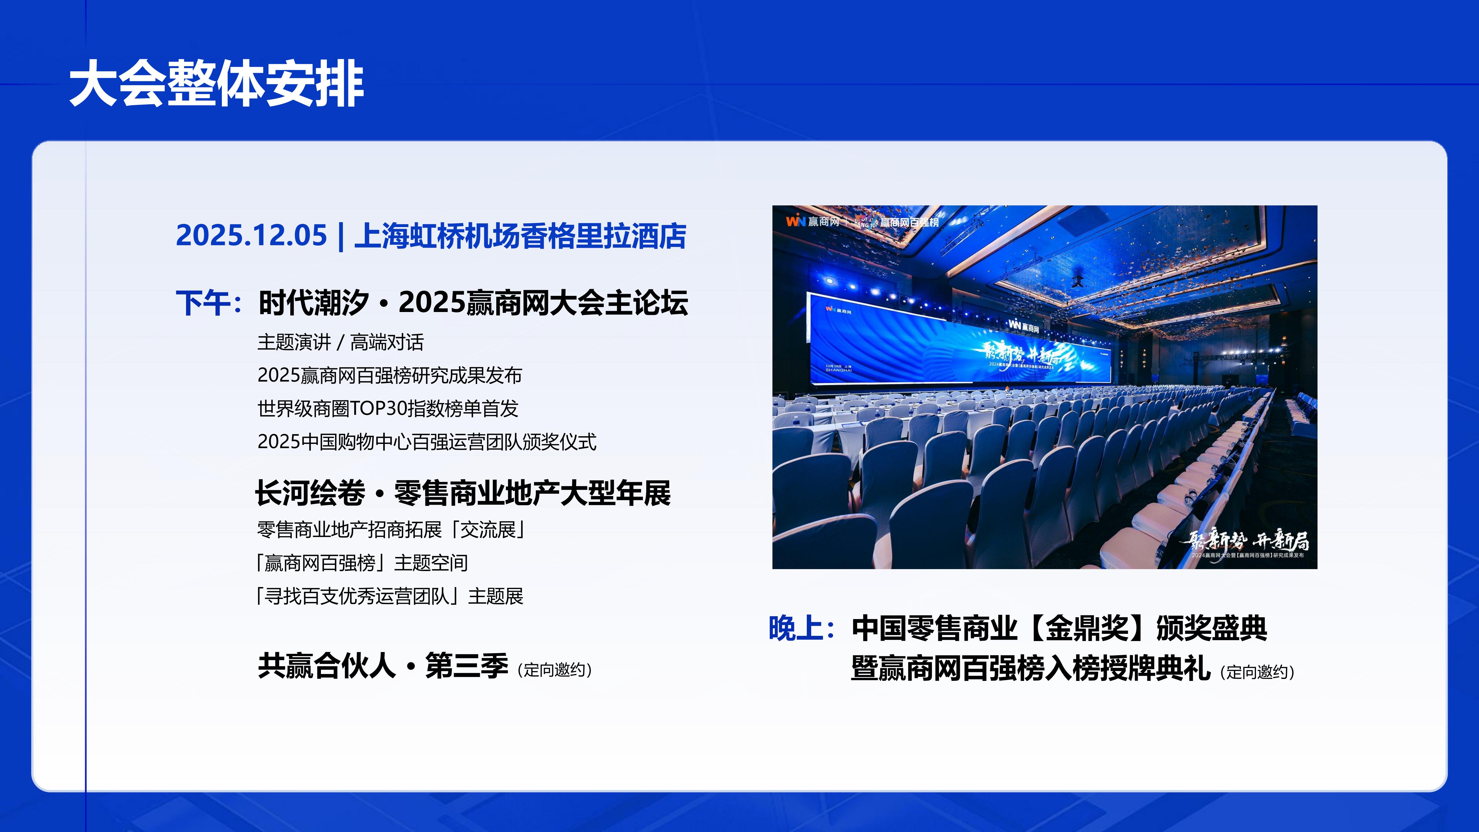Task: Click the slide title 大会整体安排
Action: coord(216,84)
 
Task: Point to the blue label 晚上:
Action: coord(802,628)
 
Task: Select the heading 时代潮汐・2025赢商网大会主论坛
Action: coord(473,302)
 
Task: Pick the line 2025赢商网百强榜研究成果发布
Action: coord(389,376)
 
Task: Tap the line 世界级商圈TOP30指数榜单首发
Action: coord(388,409)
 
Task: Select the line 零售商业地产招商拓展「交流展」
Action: coord(391,530)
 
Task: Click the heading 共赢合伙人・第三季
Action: coord(383,666)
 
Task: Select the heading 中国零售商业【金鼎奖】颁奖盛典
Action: coord(1059,628)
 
